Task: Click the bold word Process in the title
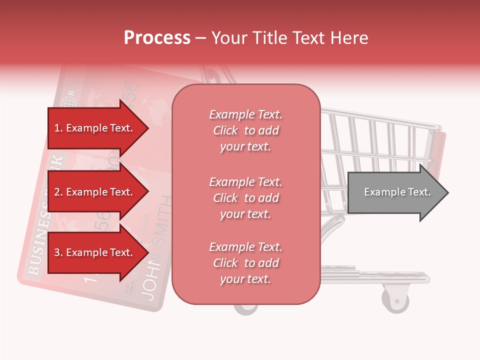click(157, 38)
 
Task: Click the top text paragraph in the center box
click(245, 130)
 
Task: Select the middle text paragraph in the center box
click(245, 198)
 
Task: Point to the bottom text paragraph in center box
click(245, 263)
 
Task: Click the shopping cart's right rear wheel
click(395, 299)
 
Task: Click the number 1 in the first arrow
click(57, 128)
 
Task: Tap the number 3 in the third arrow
click(57, 252)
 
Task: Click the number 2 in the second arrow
click(57, 192)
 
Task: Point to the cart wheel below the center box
click(245, 309)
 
